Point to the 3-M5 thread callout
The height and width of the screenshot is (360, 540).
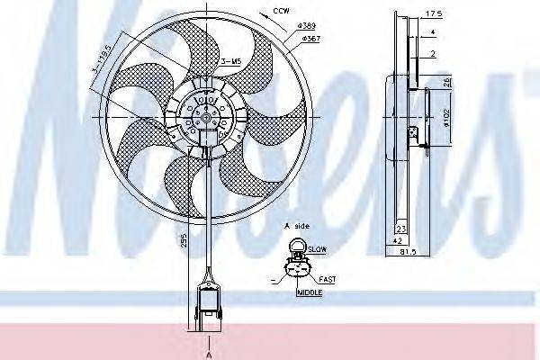pos(230,61)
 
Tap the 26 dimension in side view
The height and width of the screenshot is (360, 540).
pos(448,83)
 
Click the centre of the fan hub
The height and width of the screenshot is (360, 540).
pos(206,114)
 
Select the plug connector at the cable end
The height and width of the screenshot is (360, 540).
pos(206,306)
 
